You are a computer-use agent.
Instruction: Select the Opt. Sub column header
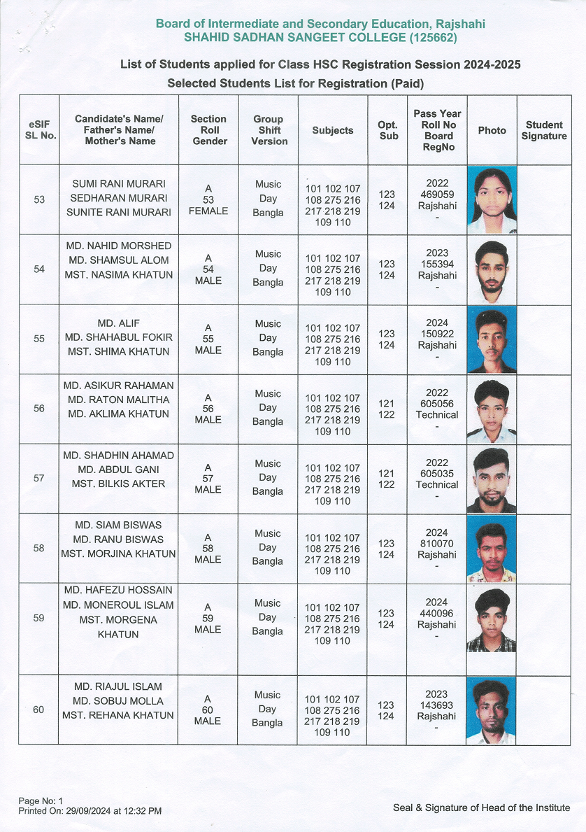[x=387, y=130]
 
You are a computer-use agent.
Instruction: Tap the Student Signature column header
[x=544, y=130]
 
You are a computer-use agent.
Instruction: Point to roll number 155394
[x=436, y=265]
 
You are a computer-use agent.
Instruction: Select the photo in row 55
[x=492, y=339]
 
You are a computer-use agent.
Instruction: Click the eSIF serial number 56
[x=39, y=409]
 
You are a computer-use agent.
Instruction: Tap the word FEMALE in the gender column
[x=208, y=211]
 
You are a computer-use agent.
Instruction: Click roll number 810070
[x=436, y=544]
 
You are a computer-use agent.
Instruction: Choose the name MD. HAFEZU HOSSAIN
[x=117, y=590]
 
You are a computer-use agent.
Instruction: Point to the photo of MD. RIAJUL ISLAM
[x=492, y=710]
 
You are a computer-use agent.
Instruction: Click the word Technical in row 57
[x=437, y=484]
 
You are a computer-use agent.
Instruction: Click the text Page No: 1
[x=41, y=801]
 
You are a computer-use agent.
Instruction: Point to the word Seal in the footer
[x=403, y=808]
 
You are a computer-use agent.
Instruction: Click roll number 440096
[x=436, y=613]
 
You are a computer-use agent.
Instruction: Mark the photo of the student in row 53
[x=492, y=199]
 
